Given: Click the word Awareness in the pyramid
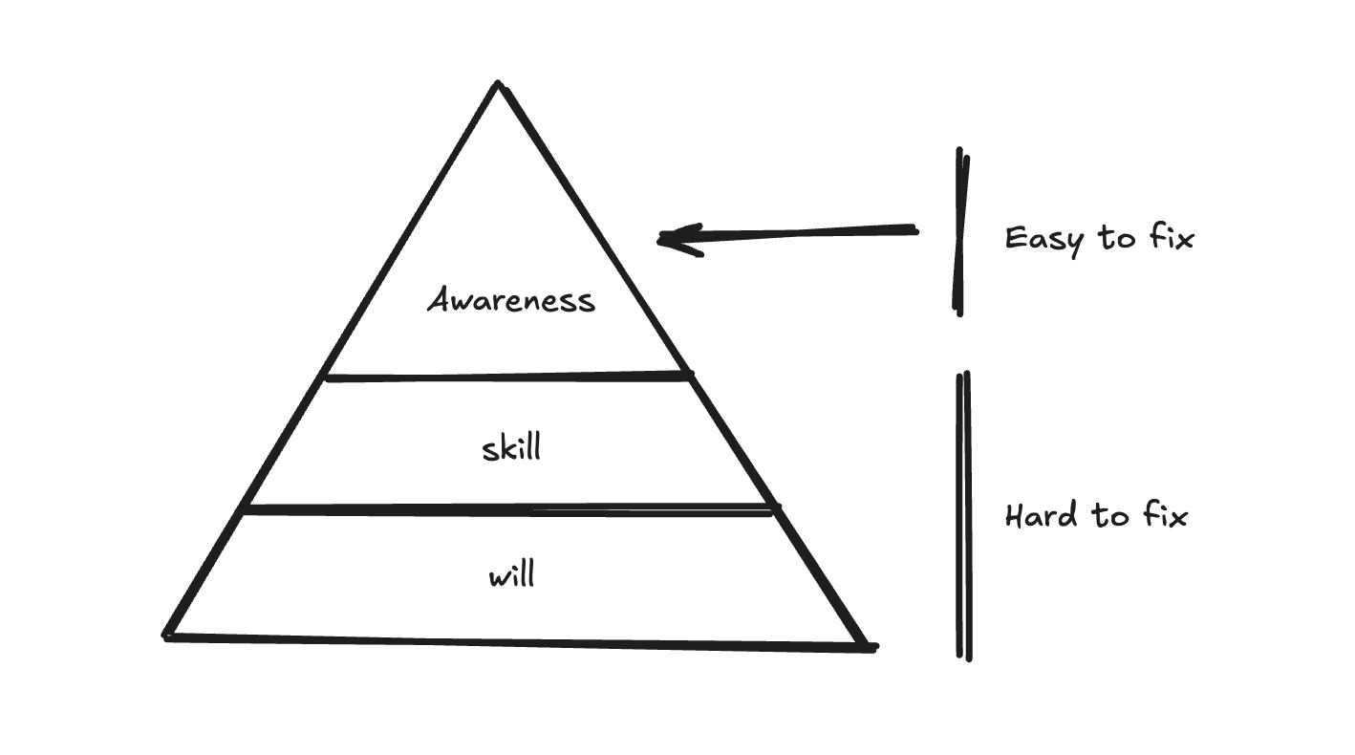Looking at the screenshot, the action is (511, 300).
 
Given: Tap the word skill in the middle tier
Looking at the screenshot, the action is (511, 447).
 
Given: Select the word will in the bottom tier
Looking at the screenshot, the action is (511, 576).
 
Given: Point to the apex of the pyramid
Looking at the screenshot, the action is (498, 85).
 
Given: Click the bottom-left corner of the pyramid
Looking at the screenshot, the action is (167, 636).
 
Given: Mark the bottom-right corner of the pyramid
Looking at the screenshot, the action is (871, 647).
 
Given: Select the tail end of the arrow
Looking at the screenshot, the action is (914, 229).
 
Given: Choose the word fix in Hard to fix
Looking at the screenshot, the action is (1165, 515).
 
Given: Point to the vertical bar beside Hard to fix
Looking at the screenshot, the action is (964, 516).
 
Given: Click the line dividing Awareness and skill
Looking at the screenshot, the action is (506, 377).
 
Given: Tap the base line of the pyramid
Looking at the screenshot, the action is (516, 641).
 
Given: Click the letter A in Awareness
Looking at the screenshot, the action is (439, 300).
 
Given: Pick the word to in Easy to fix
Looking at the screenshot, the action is (1115, 236).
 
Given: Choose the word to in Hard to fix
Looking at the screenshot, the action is (1110, 516).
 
